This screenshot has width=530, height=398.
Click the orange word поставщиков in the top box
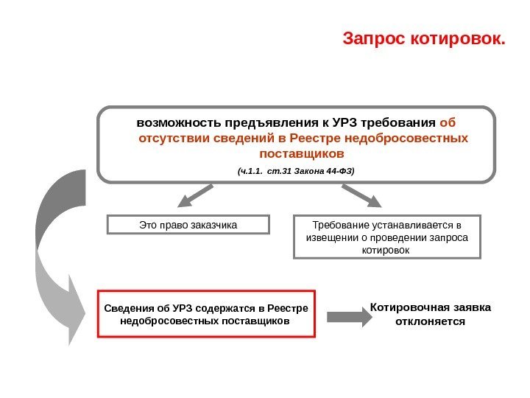(302, 155)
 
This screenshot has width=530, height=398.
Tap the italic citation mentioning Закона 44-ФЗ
(295, 171)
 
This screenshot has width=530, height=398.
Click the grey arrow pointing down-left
(194, 196)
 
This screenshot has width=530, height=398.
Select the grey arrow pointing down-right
(361, 196)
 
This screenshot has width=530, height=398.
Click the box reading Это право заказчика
(188, 224)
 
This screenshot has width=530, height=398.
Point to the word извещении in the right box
(329, 237)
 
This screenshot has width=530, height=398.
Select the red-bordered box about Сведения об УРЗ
(206, 313)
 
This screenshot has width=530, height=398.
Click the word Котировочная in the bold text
(406, 307)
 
